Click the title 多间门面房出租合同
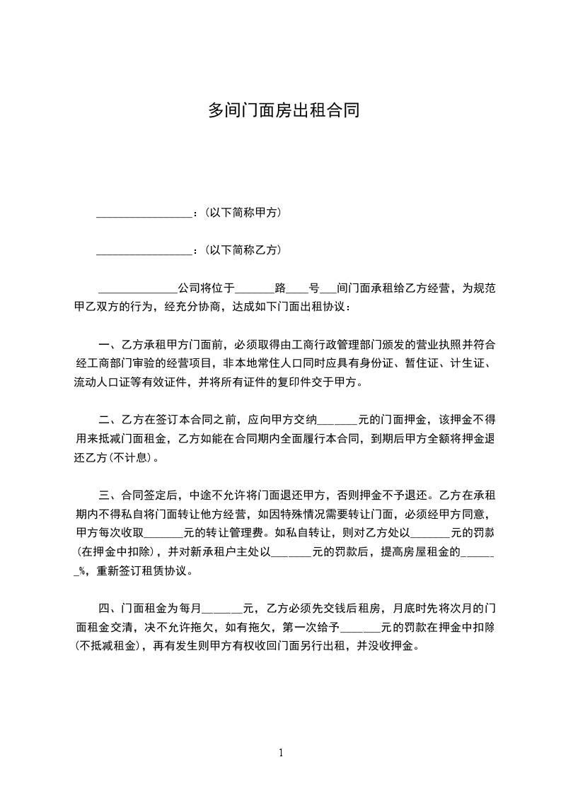tap(280, 110)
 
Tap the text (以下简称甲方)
tap(242, 212)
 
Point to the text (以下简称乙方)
tap(242, 249)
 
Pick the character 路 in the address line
tap(280, 288)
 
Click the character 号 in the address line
tap(313, 288)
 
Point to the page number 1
tap(281, 753)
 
